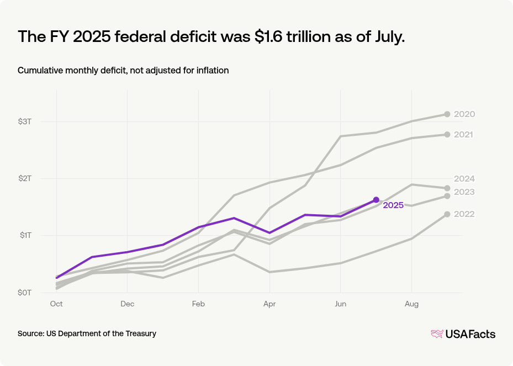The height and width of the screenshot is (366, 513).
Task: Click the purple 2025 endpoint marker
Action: point(376,200)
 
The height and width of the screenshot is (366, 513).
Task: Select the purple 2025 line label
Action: point(393,205)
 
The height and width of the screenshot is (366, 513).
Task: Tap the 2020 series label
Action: point(464,114)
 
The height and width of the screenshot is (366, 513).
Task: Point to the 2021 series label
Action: point(464,135)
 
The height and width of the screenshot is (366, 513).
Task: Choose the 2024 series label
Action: point(464,179)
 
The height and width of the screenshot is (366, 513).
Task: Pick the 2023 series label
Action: point(464,192)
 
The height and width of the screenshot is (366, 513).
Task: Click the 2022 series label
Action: point(464,214)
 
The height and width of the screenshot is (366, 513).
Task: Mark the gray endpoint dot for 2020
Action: point(447,114)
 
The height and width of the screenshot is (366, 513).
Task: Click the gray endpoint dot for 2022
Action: point(447,214)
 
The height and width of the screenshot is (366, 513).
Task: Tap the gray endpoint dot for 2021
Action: point(447,135)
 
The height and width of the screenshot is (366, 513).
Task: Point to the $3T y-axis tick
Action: point(25,121)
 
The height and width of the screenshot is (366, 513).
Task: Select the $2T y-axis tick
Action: point(25,178)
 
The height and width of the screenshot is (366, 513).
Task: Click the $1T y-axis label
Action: point(25,236)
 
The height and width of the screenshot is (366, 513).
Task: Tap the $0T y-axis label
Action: point(25,293)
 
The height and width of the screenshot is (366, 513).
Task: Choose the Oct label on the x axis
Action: point(56,304)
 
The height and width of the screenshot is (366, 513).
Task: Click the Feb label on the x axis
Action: point(198,304)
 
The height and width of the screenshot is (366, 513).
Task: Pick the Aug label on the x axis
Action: point(411,304)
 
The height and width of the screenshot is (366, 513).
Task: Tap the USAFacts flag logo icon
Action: point(437,334)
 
